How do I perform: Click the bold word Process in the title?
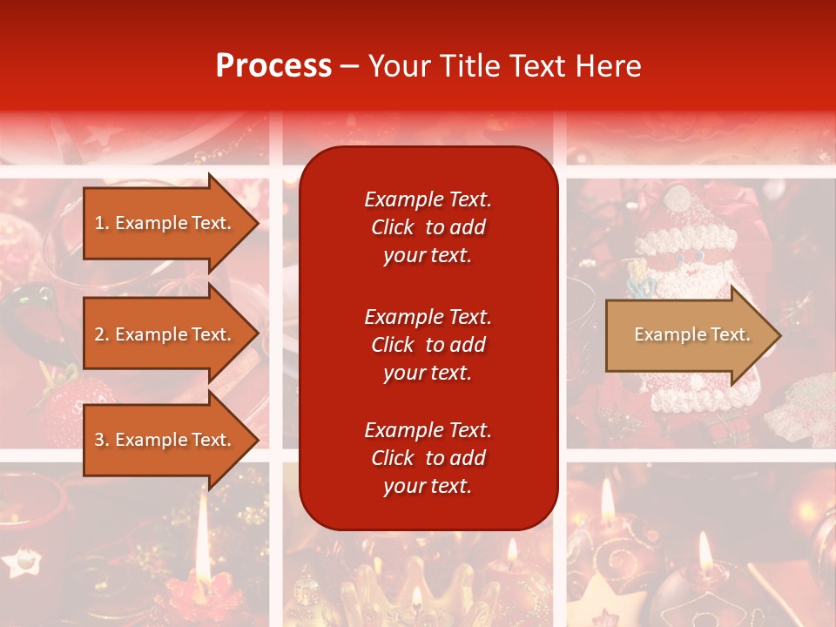coord(273,66)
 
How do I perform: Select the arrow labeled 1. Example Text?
coord(165,223)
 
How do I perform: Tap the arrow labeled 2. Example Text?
coord(165,334)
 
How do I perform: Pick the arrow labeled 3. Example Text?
coord(165,440)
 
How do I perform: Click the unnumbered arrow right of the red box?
coord(688,334)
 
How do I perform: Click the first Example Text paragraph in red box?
coord(428,227)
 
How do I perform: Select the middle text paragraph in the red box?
coord(428,345)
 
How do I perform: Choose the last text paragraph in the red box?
coord(428,458)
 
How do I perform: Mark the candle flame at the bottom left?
coord(202,531)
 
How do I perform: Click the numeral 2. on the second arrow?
coord(102,334)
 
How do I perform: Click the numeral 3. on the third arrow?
coord(102,440)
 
